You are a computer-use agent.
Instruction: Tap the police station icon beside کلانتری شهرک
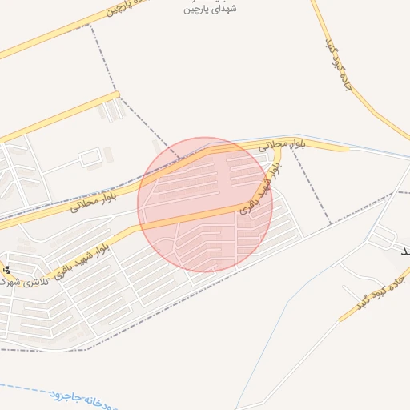pos(7,270)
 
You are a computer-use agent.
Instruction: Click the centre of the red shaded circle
pos(205,204)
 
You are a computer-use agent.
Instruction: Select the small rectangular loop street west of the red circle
pos(90,157)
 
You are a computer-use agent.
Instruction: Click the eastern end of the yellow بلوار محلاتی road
pos(346,147)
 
